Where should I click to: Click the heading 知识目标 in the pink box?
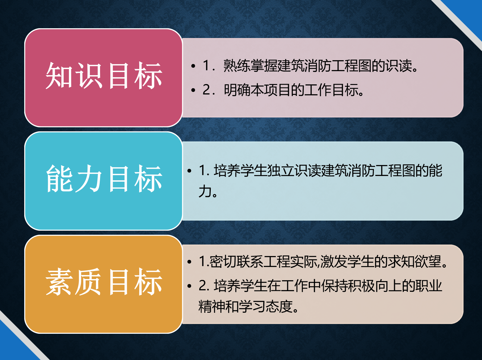point(104,76)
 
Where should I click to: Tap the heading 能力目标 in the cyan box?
point(104,179)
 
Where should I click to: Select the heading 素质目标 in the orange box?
point(104,282)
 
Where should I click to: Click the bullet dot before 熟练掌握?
point(193,66)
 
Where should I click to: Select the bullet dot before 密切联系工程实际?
point(189,262)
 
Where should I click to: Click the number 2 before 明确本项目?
point(206,90)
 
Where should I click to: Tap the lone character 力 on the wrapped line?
point(205,191)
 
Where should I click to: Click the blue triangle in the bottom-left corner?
point(13,347)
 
